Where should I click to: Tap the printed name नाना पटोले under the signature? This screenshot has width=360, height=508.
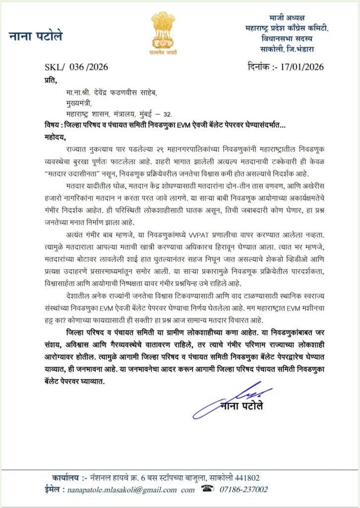pos(241,407)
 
